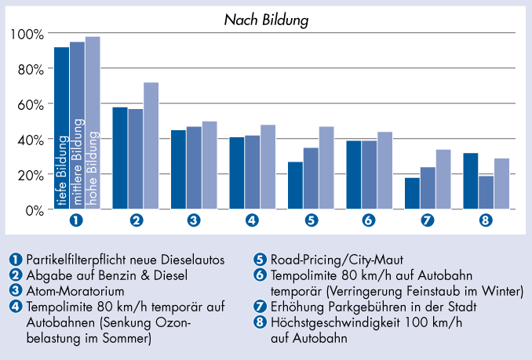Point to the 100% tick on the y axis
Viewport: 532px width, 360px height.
[x=27, y=34]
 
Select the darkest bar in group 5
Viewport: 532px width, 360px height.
[x=296, y=185]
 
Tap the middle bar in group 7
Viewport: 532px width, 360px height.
[x=428, y=188]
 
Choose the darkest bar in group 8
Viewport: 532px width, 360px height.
[x=471, y=181]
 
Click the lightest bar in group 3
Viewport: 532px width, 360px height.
[x=210, y=165]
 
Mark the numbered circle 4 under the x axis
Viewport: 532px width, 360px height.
[x=253, y=220]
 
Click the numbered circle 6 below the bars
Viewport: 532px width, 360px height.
[x=369, y=220]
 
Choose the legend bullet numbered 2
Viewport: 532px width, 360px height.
[x=16, y=275]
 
